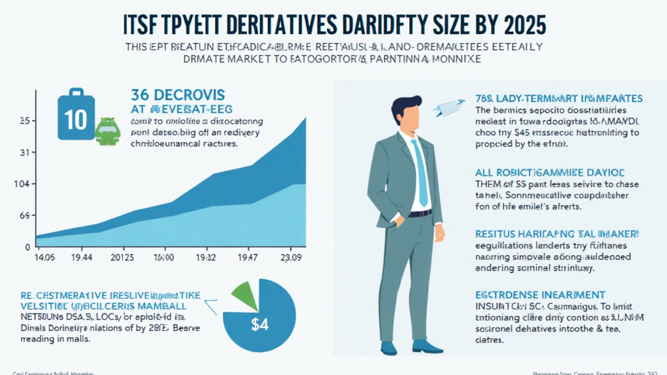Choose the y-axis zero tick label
click(x=28, y=246)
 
